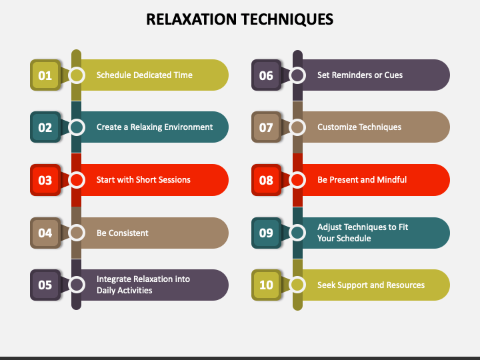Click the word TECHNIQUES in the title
[x=287, y=19]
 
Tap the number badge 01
[x=45, y=75]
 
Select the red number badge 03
[x=45, y=180]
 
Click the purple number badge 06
[x=266, y=75]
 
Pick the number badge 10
[x=266, y=285]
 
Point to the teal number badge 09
[x=266, y=233]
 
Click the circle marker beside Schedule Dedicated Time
[x=77, y=75]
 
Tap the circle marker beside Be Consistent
[x=77, y=233]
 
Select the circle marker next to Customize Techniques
[x=297, y=127]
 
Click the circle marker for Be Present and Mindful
[x=297, y=180]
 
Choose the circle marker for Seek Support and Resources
[x=297, y=285]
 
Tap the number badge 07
[x=266, y=127]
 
